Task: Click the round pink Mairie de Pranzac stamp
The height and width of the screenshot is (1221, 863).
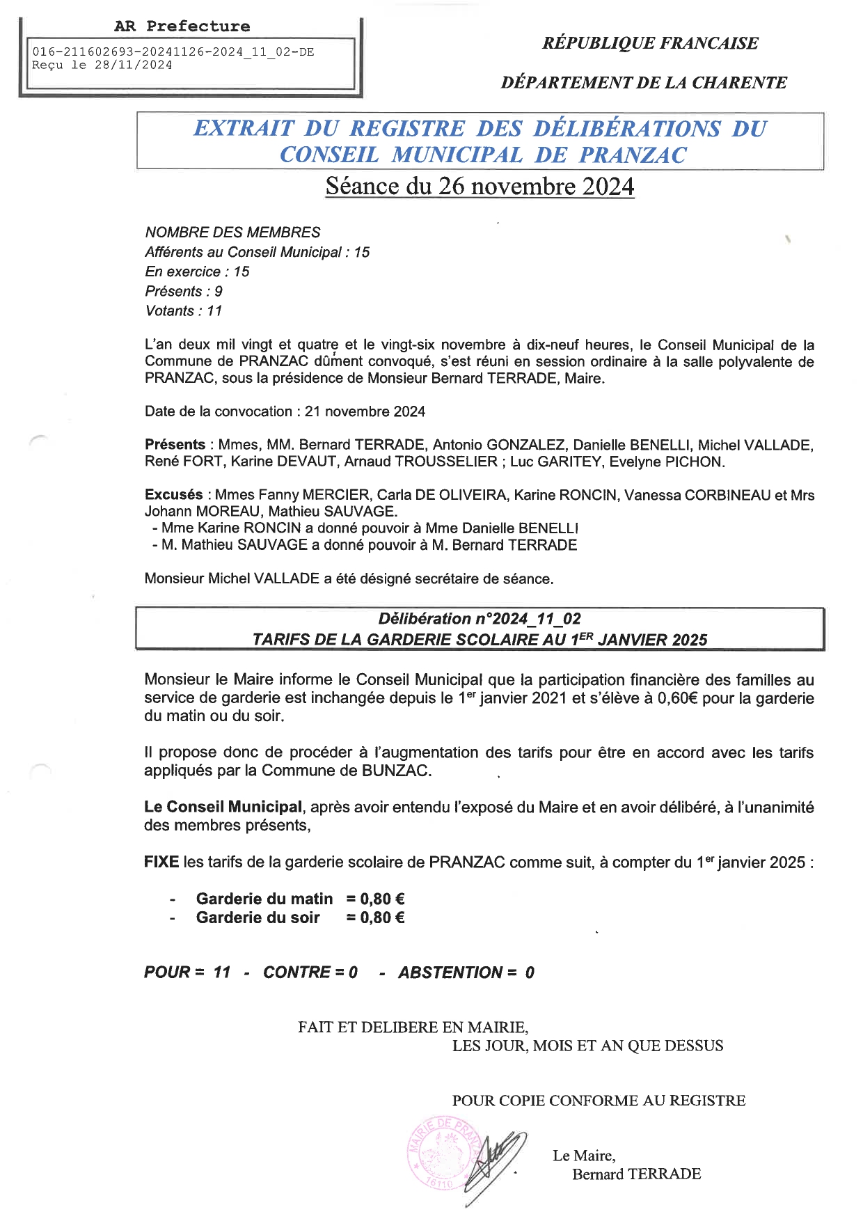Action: pos(443,1152)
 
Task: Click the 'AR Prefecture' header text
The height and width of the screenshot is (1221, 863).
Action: pos(182,26)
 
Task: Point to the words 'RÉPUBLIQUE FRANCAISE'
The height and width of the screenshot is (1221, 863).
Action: pos(650,43)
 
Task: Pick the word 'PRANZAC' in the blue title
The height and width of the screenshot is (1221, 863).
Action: pos(633,155)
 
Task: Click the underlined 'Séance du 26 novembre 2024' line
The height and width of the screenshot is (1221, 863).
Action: pos(480,187)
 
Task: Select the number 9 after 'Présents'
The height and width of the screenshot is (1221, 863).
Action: pos(219,292)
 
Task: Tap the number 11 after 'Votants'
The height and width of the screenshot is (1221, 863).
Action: pos(214,311)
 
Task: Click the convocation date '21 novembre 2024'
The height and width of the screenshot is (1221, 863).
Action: pos(365,411)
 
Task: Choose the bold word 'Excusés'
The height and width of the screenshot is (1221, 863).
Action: pos(174,495)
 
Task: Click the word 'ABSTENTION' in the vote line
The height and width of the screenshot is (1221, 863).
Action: pos(450,972)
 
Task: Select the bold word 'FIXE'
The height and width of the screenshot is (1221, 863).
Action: pos(161,862)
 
